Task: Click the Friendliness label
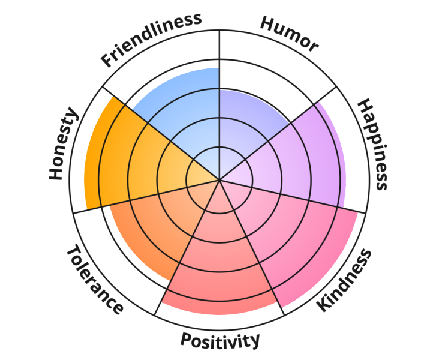tap(151, 40)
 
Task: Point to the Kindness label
tap(344, 280)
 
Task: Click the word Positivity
tap(220, 340)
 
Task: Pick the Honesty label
tap(63, 143)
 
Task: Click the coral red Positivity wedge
tap(220, 260)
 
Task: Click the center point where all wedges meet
tap(220, 179)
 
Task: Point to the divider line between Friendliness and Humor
tap(220, 105)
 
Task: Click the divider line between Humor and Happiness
tap(278, 133)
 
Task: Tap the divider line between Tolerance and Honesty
tap(146, 196)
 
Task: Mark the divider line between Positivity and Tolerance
tap(187, 247)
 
